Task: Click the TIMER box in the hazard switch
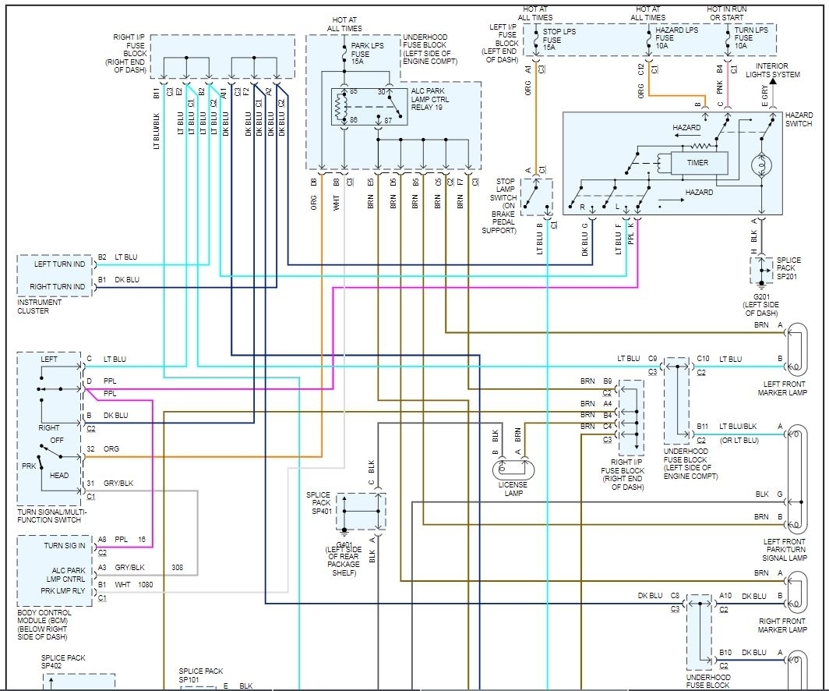tap(697, 163)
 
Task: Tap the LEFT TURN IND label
tap(60, 264)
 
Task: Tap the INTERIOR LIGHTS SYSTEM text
tap(772, 70)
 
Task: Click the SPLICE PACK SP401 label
tap(319, 503)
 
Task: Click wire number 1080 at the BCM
tap(146, 584)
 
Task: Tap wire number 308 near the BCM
tap(178, 569)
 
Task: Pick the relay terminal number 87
tap(387, 121)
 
